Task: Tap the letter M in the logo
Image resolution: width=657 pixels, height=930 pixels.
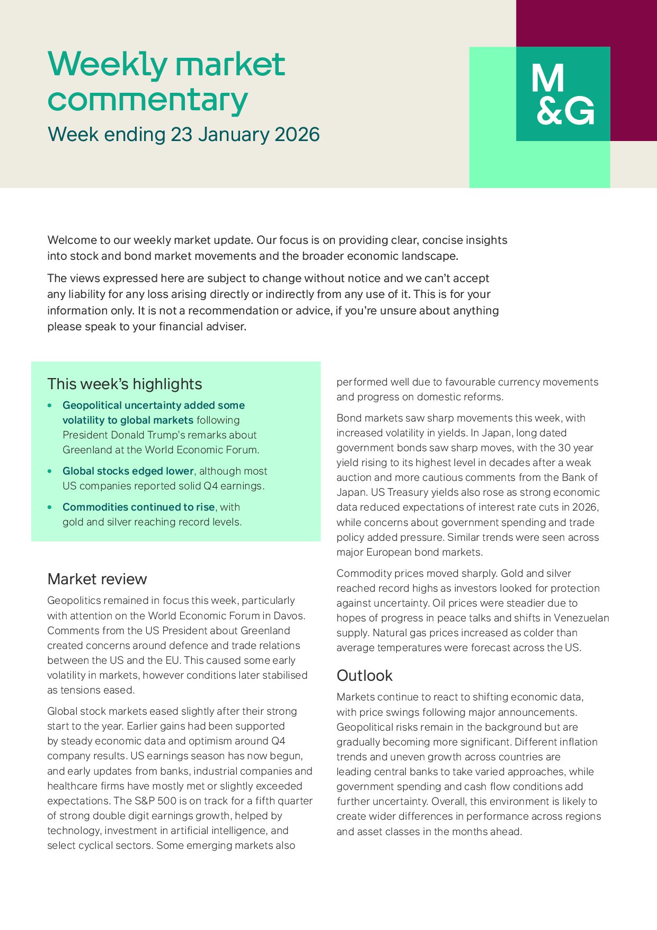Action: pos(547,79)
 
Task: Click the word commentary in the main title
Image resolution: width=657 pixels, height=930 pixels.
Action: pos(148,100)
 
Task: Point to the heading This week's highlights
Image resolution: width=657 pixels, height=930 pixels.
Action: pos(125,384)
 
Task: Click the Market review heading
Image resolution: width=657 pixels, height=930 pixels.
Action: pos(97,579)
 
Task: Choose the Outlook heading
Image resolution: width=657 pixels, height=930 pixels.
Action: pos(365,675)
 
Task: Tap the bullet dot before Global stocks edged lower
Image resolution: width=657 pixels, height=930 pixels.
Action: pos(50,471)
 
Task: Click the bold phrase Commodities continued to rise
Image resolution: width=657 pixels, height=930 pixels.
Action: pos(139,507)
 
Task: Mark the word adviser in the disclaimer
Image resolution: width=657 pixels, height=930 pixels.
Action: pos(226,327)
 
